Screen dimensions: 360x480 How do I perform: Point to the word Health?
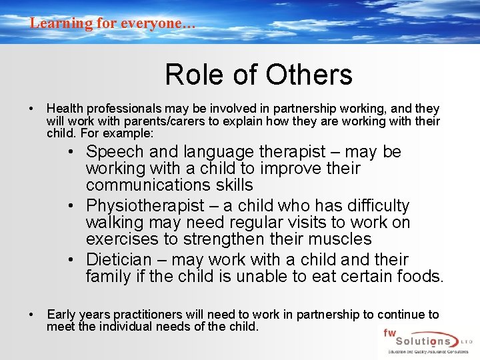click(x=63, y=109)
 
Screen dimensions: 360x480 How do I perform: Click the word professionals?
click(x=121, y=109)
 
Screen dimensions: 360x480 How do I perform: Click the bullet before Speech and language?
click(x=78, y=153)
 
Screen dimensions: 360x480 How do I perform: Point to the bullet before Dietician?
click(x=78, y=260)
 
